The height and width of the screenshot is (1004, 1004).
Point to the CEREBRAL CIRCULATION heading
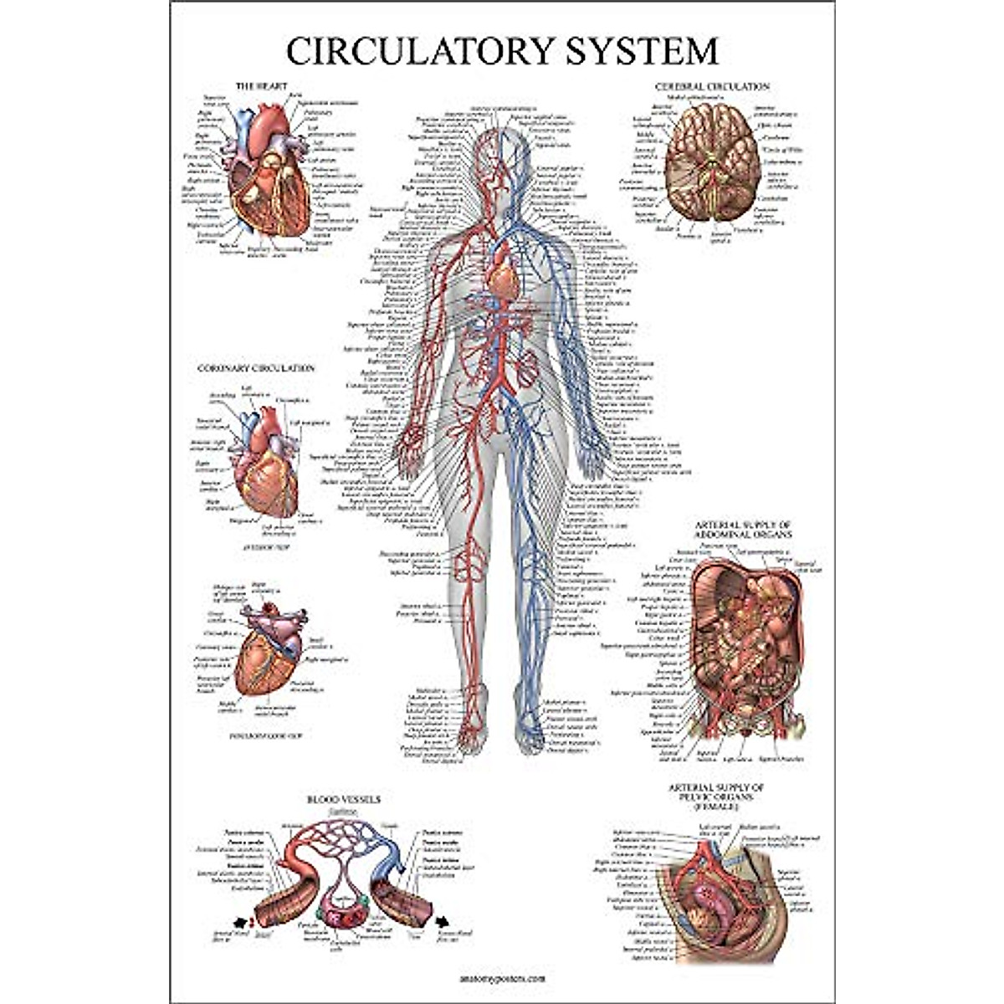(711, 86)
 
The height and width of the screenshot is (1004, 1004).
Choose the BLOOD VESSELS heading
(343, 800)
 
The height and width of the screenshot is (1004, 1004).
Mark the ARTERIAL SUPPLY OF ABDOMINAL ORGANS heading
(743, 529)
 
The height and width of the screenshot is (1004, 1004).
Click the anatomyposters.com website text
(503, 976)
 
